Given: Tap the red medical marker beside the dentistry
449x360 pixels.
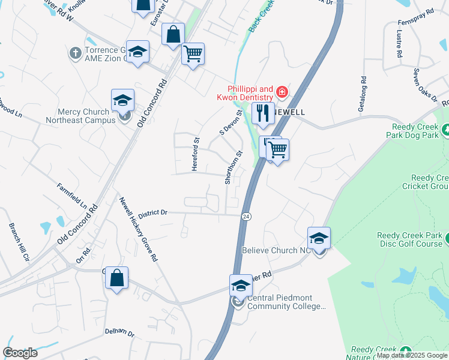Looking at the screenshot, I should tap(282, 92).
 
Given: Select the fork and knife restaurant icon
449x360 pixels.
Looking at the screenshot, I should tap(262, 113).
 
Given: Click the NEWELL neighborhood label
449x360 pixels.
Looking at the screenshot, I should tap(289, 112).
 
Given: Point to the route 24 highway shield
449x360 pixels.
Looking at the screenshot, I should tap(246, 215).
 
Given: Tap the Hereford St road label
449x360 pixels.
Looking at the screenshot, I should tap(195, 155).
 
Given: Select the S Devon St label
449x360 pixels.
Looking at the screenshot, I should tap(231, 122).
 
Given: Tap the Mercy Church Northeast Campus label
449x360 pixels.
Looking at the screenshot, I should tap(81, 116).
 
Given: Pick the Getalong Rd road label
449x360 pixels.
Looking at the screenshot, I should tap(361, 94).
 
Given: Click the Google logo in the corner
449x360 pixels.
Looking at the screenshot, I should tap(20, 353).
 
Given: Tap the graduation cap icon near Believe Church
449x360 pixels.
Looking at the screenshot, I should tap(319, 237).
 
